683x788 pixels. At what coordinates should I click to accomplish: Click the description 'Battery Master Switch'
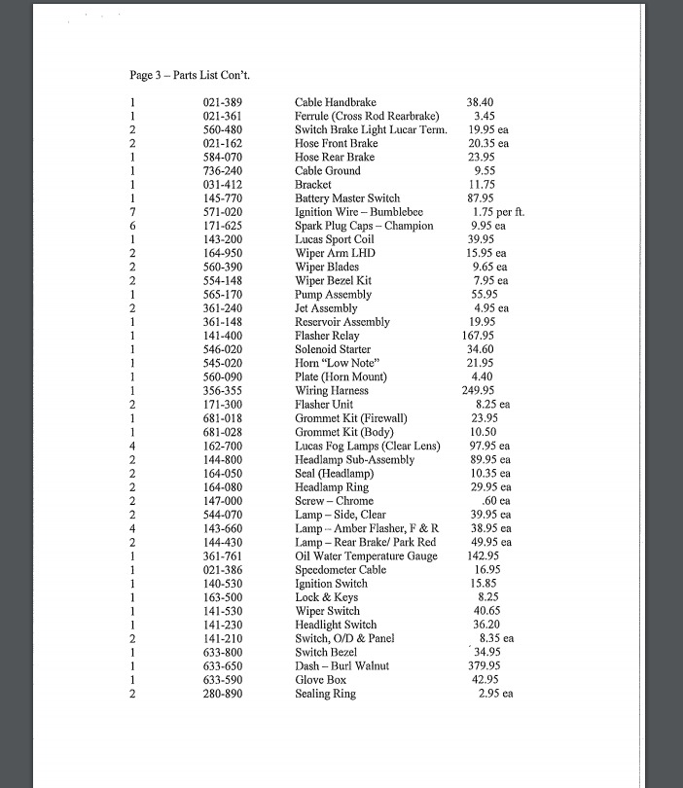(347, 198)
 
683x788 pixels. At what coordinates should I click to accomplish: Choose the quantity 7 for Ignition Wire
(131, 212)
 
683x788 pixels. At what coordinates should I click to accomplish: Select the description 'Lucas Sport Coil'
(335, 239)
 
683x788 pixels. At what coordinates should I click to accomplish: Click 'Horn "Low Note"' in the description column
(337, 363)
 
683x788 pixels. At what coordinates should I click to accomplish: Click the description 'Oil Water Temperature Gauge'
(366, 555)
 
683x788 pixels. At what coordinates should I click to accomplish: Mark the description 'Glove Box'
(320, 679)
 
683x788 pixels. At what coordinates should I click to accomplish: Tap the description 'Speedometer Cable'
(340, 569)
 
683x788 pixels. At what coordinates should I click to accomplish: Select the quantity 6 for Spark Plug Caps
(131, 226)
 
